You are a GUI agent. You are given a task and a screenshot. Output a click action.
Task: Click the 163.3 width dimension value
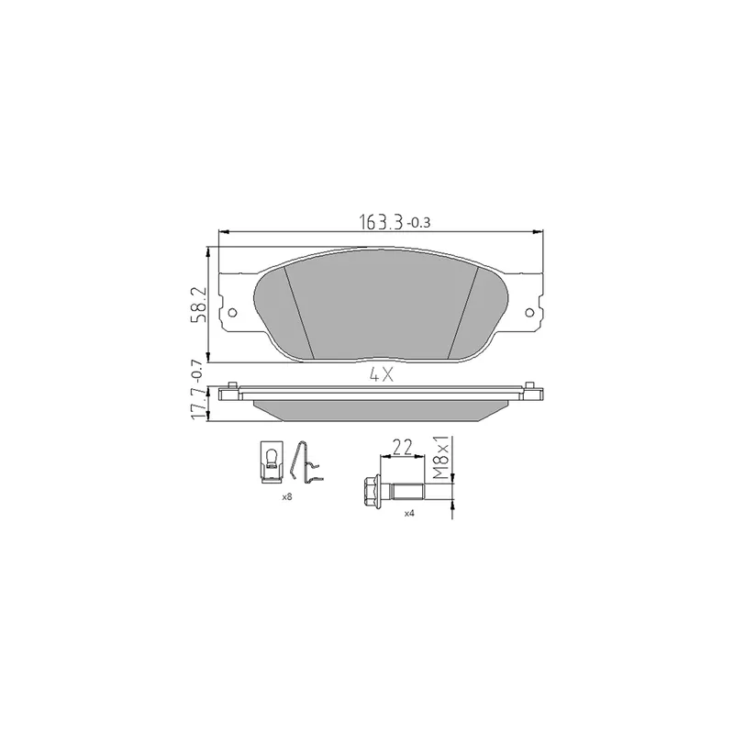click(381, 222)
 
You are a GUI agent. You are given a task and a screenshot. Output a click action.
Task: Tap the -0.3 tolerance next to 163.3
click(418, 224)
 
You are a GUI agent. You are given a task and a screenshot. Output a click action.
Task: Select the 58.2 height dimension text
click(198, 305)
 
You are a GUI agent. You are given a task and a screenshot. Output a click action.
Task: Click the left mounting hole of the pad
click(232, 313)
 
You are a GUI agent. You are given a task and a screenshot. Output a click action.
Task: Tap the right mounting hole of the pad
click(529, 313)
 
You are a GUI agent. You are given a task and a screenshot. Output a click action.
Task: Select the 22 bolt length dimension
click(402, 447)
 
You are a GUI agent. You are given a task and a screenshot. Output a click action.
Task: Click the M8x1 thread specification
click(441, 458)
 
